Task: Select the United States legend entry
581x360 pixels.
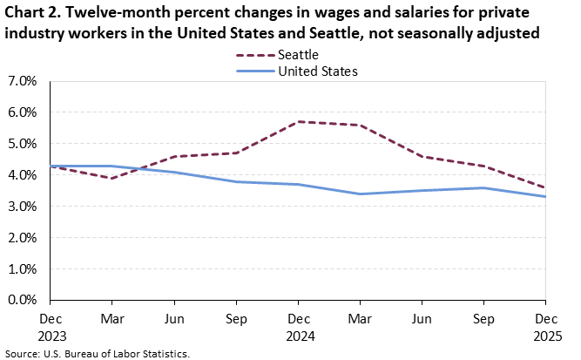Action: [317, 71]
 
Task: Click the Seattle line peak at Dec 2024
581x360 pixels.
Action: [298, 122]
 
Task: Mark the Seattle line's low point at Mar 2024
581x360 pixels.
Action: [111, 178]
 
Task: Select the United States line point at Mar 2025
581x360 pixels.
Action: [360, 194]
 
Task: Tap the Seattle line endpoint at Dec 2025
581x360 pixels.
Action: [546, 187]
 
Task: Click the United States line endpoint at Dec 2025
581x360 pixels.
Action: [546, 197]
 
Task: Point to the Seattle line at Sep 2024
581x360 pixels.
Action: [236, 153]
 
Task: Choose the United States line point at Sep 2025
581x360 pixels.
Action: [484, 187]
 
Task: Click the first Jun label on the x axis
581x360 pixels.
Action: [173, 319]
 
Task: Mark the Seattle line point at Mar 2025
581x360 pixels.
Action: [360, 125]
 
